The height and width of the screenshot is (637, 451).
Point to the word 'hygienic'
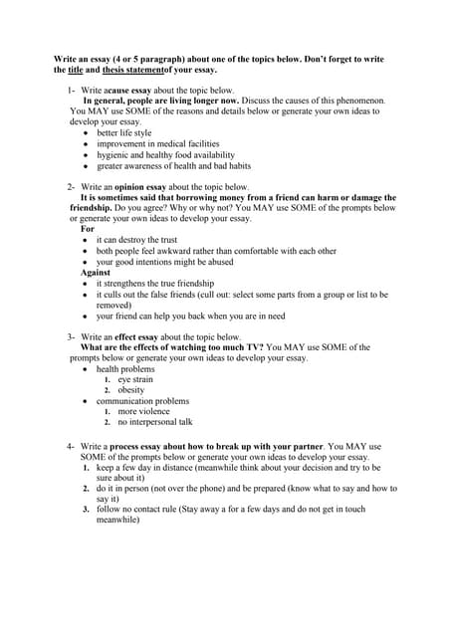click(113, 154)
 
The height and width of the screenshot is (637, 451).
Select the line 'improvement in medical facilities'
click(157, 143)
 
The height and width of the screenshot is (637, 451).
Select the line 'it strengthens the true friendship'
click(159, 284)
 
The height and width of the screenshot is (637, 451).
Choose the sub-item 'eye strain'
click(135, 379)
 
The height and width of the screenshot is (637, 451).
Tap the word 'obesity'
click(130, 390)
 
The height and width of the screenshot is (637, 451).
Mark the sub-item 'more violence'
click(143, 411)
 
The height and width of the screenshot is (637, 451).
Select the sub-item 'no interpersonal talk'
click(154, 422)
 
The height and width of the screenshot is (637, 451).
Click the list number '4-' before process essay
click(72, 444)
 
